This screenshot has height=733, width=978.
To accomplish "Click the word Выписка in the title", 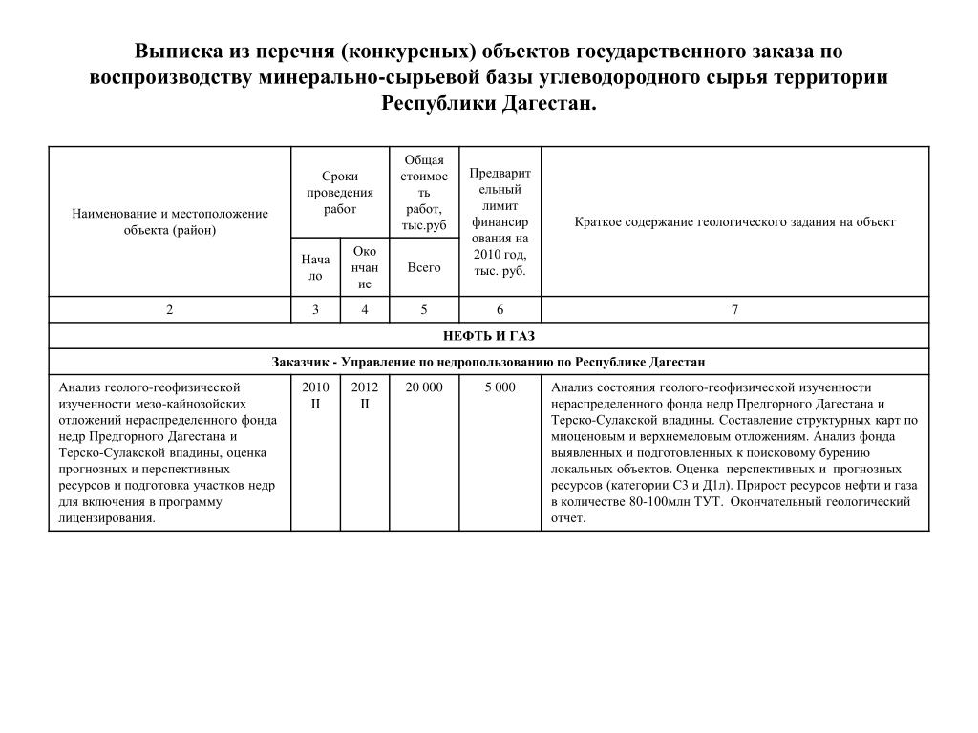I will click(x=177, y=52).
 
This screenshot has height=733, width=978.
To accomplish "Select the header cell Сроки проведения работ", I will click(x=340, y=193).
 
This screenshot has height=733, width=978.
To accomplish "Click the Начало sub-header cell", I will click(x=315, y=267).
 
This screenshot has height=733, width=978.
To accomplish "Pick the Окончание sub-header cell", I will click(x=365, y=267).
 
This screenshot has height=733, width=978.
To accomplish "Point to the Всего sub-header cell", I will click(x=424, y=267).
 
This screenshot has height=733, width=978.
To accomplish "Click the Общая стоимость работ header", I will click(x=424, y=193).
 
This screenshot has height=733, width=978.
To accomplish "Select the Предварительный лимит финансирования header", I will click(x=500, y=221).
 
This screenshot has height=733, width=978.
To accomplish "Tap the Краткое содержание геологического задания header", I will click(x=734, y=222).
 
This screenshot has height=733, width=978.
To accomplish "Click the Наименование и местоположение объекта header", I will click(x=170, y=222).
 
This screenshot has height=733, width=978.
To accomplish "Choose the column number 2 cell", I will click(x=170, y=309).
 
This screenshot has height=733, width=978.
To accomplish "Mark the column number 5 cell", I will click(x=424, y=309).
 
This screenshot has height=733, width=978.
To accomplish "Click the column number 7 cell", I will click(x=734, y=309).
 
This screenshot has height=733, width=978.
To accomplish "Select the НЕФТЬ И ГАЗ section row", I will click(x=488, y=336).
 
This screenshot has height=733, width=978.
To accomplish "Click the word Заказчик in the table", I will click(x=301, y=363).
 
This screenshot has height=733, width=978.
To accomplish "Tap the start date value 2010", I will click(x=315, y=387).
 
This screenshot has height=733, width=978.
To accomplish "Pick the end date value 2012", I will click(x=365, y=387).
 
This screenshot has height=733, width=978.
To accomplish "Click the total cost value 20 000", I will click(x=424, y=387).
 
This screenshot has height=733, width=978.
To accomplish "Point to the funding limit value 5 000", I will click(x=500, y=387).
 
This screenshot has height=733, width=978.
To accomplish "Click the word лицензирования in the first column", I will click(x=106, y=518).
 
